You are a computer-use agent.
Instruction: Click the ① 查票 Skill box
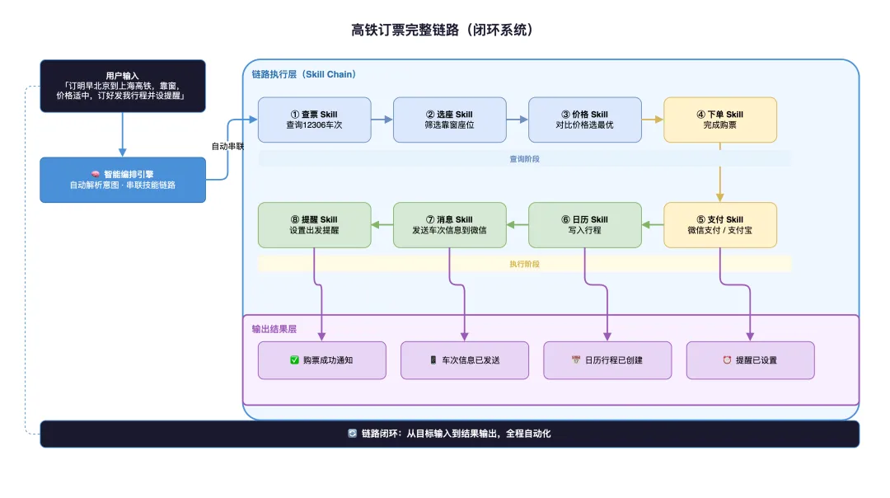[x=315, y=120]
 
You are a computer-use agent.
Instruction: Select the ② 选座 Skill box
[x=450, y=120]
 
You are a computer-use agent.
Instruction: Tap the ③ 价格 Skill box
[x=585, y=120]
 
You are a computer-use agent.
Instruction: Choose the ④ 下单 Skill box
[x=720, y=120]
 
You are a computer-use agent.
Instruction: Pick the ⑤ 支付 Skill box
[x=720, y=224]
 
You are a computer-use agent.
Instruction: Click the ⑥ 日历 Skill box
[x=585, y=224]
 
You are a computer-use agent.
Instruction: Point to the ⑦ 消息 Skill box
[x=450, y=224]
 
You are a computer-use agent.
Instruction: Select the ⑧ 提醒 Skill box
[x=315, y=224]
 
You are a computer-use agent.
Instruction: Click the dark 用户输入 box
[x=123, y=86]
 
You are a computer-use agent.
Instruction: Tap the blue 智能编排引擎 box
[x=123, y=180]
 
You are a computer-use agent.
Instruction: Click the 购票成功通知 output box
[x=322, y=360]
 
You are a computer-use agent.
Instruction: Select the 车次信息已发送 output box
[x=465, y=360]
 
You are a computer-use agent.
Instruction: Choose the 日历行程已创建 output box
[x=607, y=360]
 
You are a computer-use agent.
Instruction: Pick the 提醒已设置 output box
[x=750, y=360]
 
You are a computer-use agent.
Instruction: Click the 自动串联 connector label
[x=227, y=147]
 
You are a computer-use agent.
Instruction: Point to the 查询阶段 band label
[x=525, y=159]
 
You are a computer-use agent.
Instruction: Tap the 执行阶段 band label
[x=525, y=264]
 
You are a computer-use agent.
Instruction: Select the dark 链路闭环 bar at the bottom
[x=450, y=434]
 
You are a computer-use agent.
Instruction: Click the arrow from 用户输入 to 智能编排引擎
[x=123, y=134]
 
